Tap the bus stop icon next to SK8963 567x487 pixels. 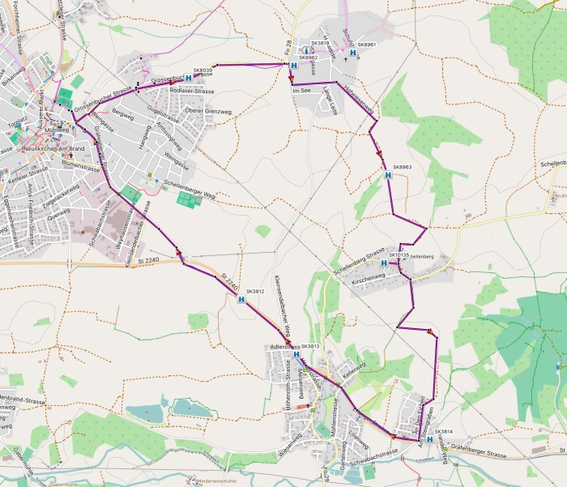[388, 175]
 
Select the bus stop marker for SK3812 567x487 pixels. [242, 299]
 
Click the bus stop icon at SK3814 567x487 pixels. [429, 439]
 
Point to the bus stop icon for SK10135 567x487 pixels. [383, 263]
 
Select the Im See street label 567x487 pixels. [301, 91]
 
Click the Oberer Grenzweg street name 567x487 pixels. [209, 111]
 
